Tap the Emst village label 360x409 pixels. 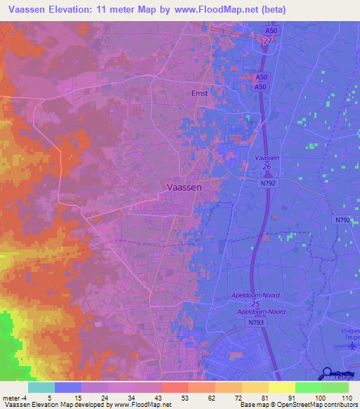pos(200,91)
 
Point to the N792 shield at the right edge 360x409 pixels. pos(342,220)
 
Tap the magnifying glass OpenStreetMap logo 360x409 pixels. pos(328,374)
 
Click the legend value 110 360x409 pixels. pos(345,397)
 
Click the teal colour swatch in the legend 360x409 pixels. pos(41,387)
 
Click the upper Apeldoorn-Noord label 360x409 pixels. pos(261,297)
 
